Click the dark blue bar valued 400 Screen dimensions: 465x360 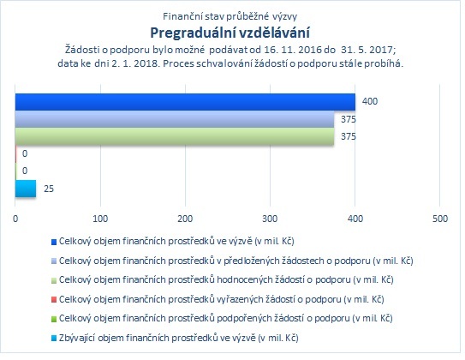pyautogui.click(x=185, y=102)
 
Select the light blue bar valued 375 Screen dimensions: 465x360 pyautogui.click(x=175, y=119)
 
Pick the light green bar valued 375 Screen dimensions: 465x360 pyautogui.click(x=175, y=136)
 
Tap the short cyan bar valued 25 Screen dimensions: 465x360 pyautogui.click(x=26, y=189)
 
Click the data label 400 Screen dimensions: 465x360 pyautogui.click(x=370, y=101)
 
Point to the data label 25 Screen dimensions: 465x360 pyautogui.click(x=49, y=189)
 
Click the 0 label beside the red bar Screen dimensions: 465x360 pyautogui.click(x=25, y=153)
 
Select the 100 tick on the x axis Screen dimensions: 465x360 pyautogui.click(x=100, y=219)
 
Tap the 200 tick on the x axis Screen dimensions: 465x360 pyautogui.click(x=185, y=219)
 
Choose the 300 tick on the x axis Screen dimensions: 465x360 pyautogui.click(x=270, y=219)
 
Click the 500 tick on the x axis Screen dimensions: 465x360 pyautogui.click(x=440, y=219)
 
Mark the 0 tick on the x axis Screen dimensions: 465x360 pyautogui.click(x=15, y=219)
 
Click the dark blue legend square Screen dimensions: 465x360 pyautogui.click(x=54, y=243)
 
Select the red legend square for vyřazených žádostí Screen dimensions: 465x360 pyautogui.click(x=54, y=300)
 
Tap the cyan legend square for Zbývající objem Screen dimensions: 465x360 pyautogui.click(x=54, y=339)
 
